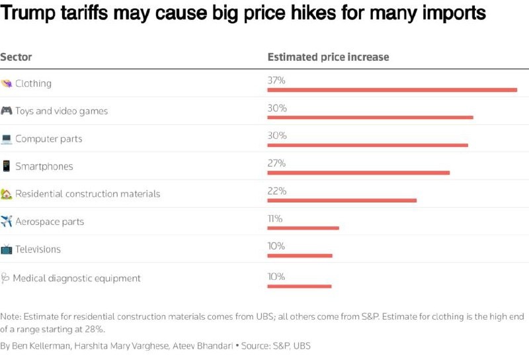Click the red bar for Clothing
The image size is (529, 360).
pos(392,89)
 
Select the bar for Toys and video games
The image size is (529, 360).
pos(370,117)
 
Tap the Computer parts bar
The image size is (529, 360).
pos(368,145)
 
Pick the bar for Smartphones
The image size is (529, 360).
pos(358,173)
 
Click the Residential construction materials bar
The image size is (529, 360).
pos(342,200)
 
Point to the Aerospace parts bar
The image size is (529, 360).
pos(303,228)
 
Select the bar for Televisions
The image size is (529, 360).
pos(300,255)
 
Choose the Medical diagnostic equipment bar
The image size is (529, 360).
pos(299,286)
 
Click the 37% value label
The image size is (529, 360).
pos(276,81)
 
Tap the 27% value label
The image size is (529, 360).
pos(276,163)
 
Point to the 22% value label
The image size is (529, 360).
pos(276,191)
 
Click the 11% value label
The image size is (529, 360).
pos(275,218)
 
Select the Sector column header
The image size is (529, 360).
pos(16,58)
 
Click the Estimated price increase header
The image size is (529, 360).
pos(328,58)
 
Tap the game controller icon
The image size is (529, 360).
pos(7,111)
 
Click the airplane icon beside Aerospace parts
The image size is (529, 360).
pos(7,221)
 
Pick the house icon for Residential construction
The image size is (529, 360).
pos(7,194)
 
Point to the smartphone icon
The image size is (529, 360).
pos(7,166)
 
